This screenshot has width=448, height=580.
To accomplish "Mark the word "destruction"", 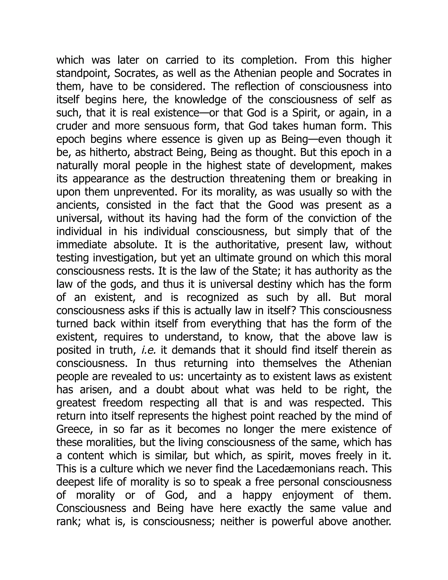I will (198, 179).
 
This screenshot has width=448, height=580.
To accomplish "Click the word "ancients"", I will (77, 205).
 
